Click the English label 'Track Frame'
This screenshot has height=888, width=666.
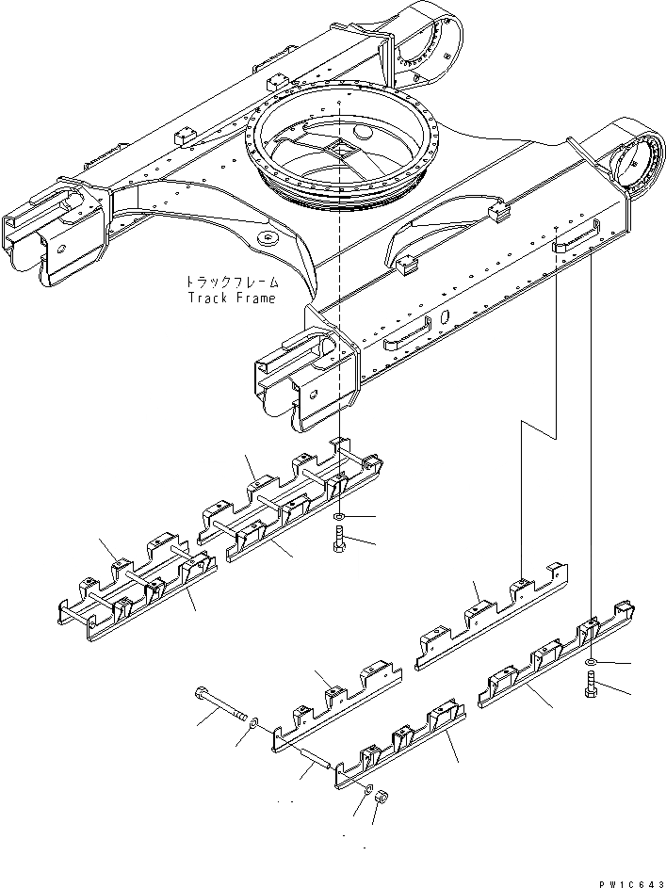point(232,299)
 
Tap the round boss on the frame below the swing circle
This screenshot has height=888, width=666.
point(269,239)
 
